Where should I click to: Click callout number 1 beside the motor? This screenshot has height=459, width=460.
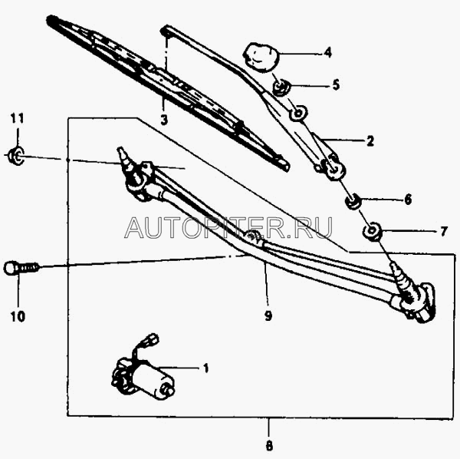205,368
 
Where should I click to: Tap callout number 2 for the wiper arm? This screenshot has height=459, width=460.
370,141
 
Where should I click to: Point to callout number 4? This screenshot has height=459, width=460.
327,53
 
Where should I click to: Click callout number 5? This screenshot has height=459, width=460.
336,85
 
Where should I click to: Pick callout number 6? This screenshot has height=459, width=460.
407,200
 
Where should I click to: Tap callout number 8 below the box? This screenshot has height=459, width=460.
269,444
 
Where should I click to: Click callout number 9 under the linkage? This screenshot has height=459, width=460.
268,314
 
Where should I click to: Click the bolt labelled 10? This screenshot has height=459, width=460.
21,268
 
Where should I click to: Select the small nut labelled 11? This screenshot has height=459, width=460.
17,157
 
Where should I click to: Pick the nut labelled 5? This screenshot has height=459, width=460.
281,87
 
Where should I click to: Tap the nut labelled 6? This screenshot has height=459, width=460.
353,203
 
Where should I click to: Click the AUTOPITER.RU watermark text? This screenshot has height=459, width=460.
228,227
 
